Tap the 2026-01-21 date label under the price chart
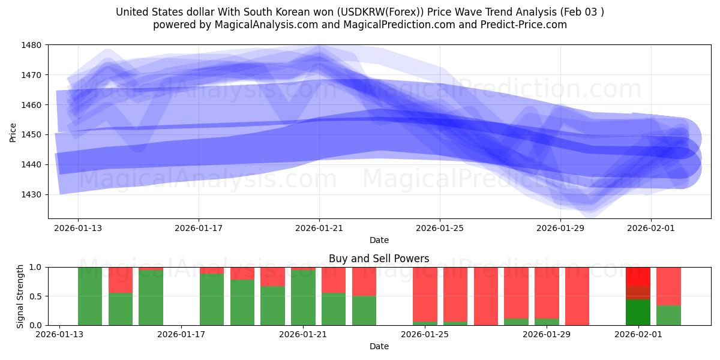tap(319, 228)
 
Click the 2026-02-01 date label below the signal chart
tap(638, 334)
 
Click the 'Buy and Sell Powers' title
tap(379, 259)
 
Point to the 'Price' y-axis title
tap(13, 132)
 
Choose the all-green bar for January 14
tap(90, 296)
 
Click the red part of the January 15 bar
tap(121, 280)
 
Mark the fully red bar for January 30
tap(577, 296)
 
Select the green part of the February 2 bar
tap(668, 316)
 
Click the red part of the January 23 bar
tap(364, 281)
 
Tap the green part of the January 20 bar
tap(273, 305)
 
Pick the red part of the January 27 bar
tap(486, 296)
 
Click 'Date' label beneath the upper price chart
tap(379, 240)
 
